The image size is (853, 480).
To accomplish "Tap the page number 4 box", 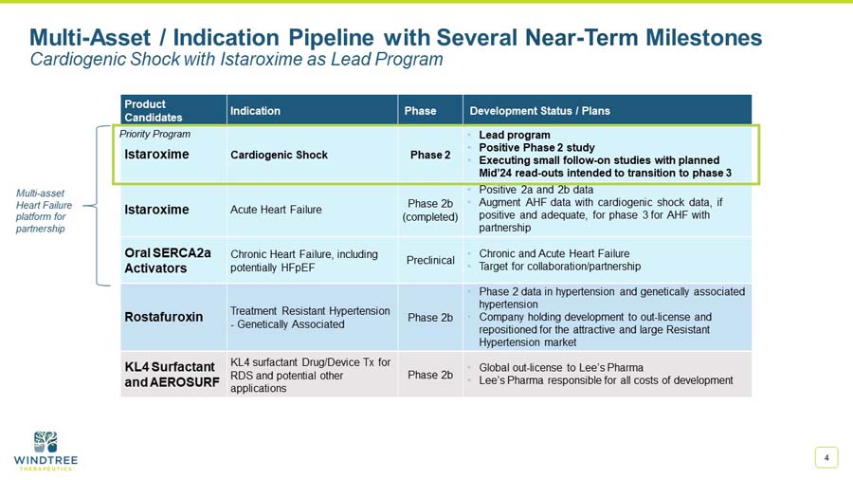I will pyautogui.click(x=826, y=458).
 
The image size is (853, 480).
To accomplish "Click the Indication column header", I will pyautogui.click(x=255, y=111).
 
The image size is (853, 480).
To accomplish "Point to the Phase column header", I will pyautogui.click(x=420, y=111).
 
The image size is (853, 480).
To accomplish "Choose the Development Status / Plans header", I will pyautogui.click(x=539, y=111).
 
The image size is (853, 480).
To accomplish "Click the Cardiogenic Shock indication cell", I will pyautogui.click(x=279, y=155).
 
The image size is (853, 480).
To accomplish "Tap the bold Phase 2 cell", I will pyautogui.click(x=430, y=155).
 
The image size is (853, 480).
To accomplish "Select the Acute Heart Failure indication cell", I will pyautogui.click(x=277, y=210).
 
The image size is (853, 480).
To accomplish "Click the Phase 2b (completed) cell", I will pyautogui.click(x=430, y=210).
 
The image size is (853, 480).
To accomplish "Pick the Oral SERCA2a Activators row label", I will pyautogui.click(x=168, y=261).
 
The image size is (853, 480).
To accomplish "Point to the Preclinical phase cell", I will pyautogui.click(x=430, y=260).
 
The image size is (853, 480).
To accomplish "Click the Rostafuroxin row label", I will pyautogui.click(x=163, y=317).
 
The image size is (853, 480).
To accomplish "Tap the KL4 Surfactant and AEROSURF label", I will pyautogui.click(x=172, y=374).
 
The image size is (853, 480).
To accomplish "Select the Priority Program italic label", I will pyautogui.click(x=154, y=134).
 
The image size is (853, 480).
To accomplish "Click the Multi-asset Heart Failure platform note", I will pyautogui.click(x=45, y=210).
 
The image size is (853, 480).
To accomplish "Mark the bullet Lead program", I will pyautogui.click(x=514, y=135).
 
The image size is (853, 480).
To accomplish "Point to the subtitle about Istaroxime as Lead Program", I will pyautogui.click(x=236, y=60).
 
